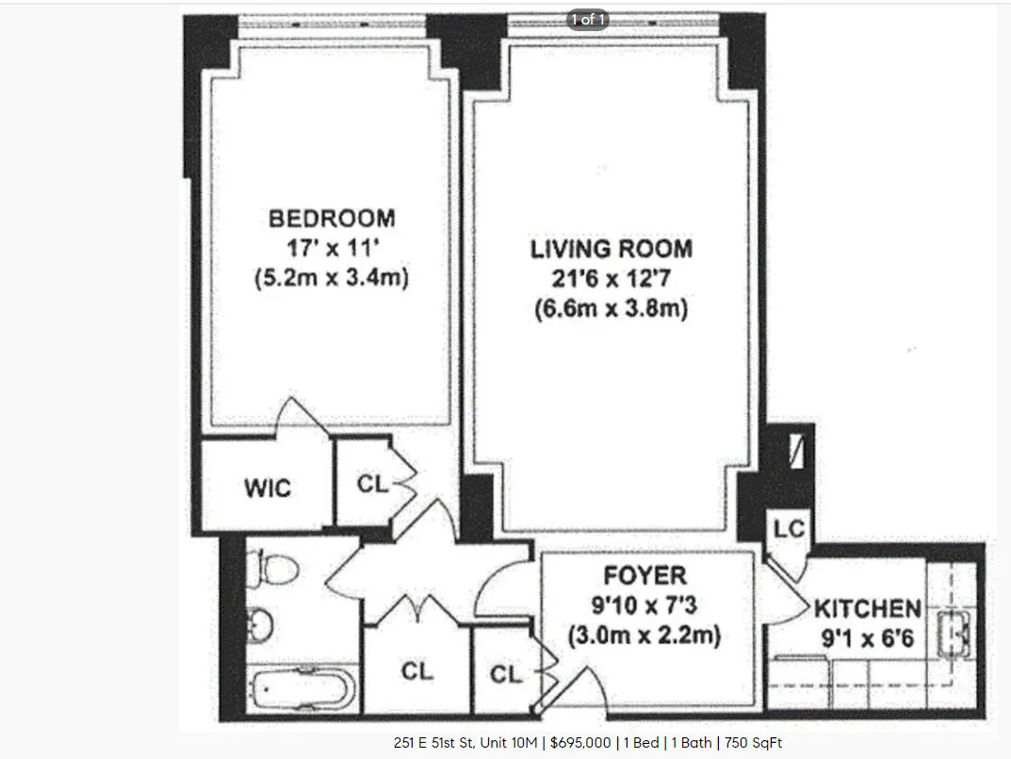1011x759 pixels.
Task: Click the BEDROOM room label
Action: (332, 219)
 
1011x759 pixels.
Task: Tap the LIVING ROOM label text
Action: (611, 249)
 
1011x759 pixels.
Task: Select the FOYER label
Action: (645, 575)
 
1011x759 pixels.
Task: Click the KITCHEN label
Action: (868, 608)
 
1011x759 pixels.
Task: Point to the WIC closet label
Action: (268, 488)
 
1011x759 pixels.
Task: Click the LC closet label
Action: (789, 529)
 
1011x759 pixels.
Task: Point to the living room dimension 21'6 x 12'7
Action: (611, 279)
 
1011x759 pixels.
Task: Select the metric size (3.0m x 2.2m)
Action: (644, 635)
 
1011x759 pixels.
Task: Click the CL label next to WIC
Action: (372, 484)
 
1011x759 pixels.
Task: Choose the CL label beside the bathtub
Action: (416, 671)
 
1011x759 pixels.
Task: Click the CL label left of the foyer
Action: (506, 674)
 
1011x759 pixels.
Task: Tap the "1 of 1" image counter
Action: (586, 19)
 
